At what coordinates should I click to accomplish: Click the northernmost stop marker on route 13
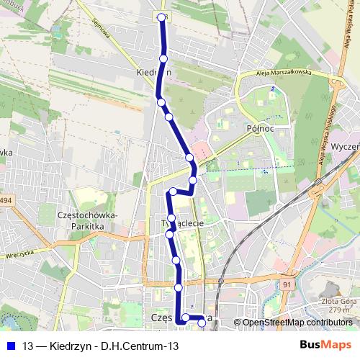click(x=162, y=18)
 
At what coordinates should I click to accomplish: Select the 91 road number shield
click(x=287, y=285)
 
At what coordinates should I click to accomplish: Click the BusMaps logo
click(x=325, y=346)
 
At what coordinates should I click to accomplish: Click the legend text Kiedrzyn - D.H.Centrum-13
click(x=101, y=346)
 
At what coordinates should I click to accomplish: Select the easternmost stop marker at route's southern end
click(x=202, y=323)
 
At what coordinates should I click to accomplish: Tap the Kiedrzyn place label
click(x=153, y=73)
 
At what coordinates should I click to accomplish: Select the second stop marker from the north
click(x=163, y=58)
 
